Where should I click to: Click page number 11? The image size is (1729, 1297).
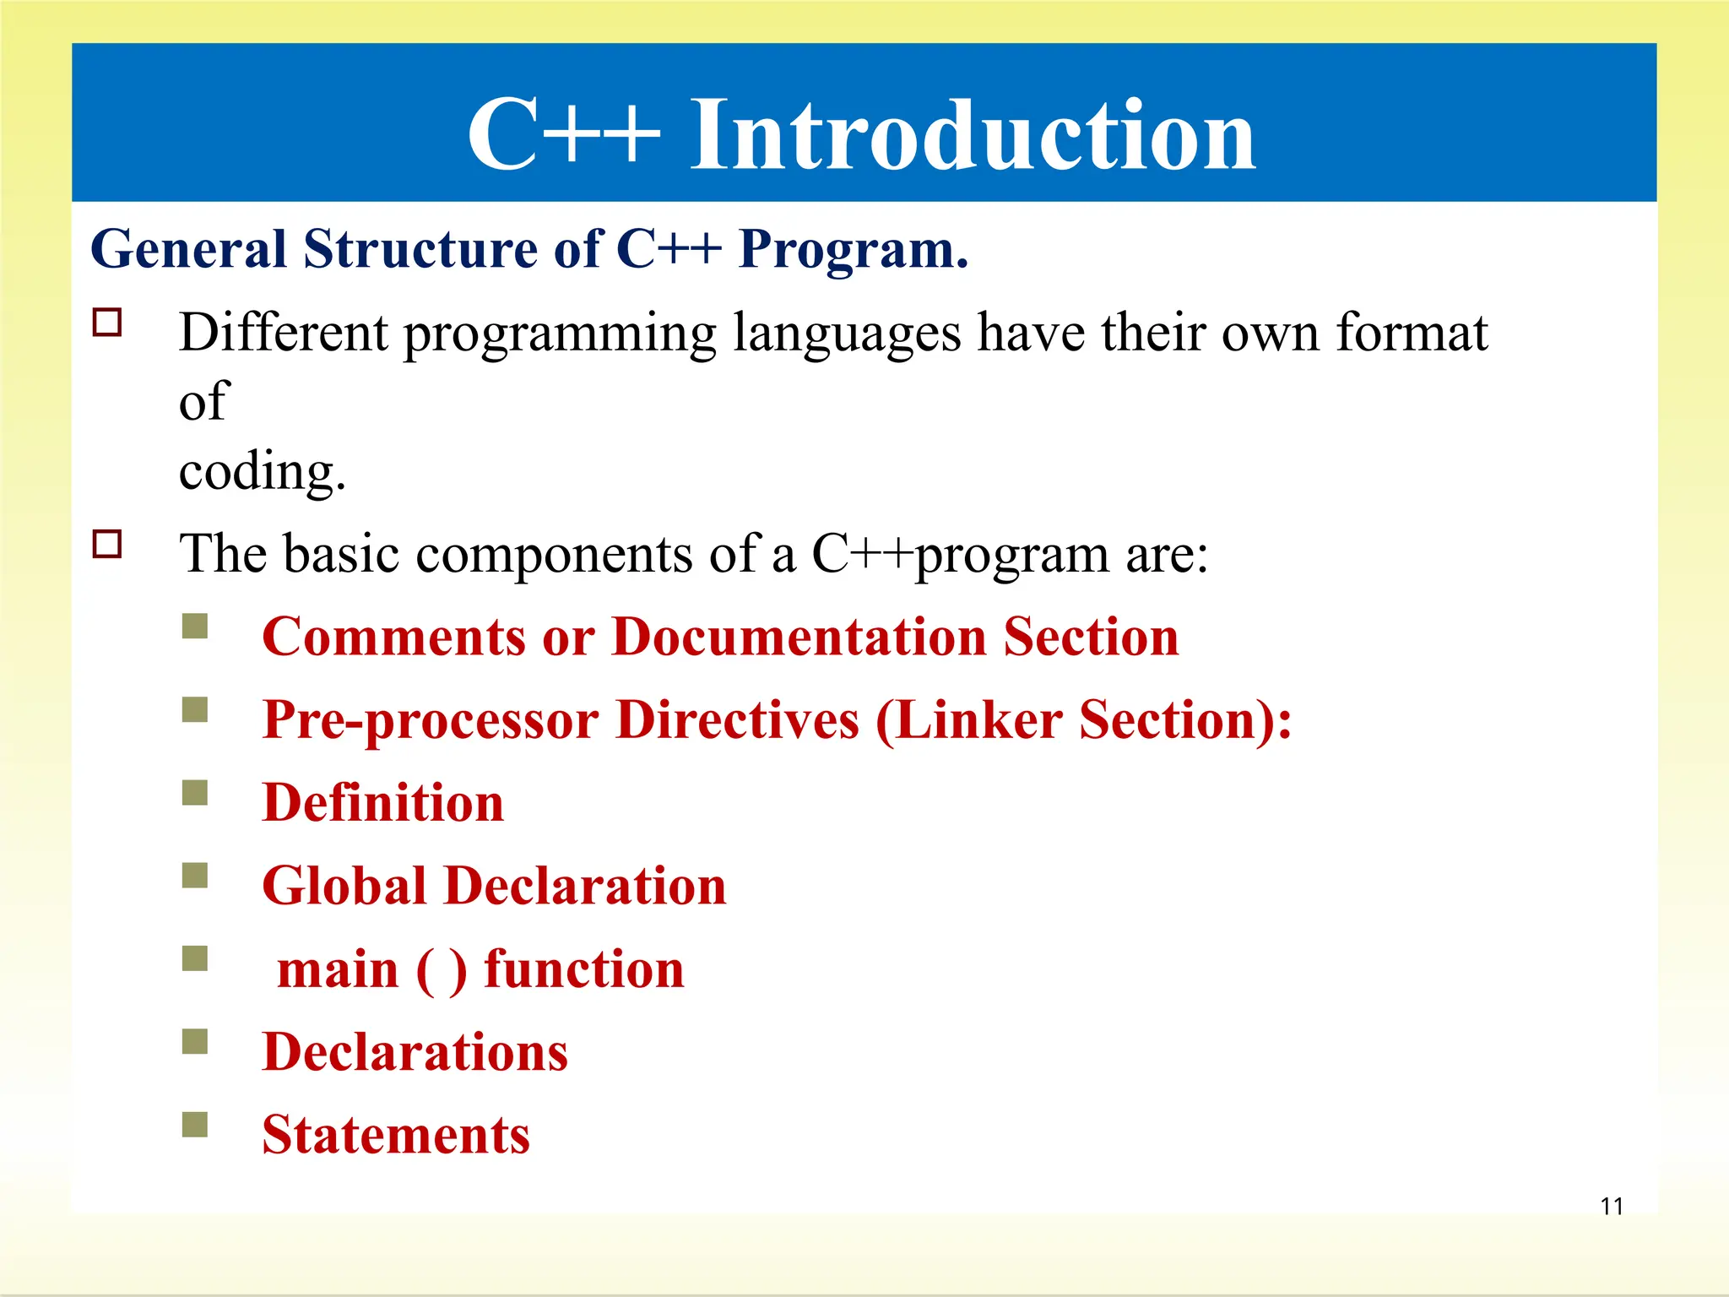click(x=1612, y=1206)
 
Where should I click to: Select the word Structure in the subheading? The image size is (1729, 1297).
click(x=420, y=250)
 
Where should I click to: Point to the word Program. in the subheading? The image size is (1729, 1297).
click(x=853, y=250)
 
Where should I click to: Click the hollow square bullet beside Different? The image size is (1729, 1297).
click(x=107, y=323)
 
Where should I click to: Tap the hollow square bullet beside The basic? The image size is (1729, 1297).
click(x=107, y=544)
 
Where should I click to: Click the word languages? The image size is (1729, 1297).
click(x=847, y=334)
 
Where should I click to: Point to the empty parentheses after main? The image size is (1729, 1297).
click(x=441, y=971)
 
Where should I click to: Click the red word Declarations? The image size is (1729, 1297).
click(x=415, y=1052)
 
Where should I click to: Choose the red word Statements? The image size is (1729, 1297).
click(x=396, y=1135)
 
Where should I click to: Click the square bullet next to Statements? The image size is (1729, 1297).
click(x=195, y=1125)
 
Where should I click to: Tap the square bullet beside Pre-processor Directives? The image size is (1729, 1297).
click(x=195, y=709)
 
